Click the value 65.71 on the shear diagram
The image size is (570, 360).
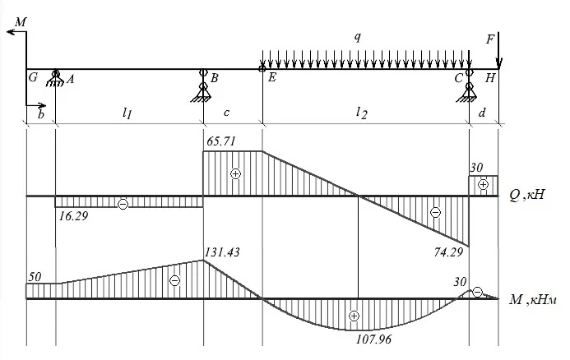click(221, 141)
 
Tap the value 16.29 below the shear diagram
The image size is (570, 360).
click(73, 216)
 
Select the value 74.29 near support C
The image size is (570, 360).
click(448, 252)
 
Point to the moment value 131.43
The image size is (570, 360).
click(222, 252)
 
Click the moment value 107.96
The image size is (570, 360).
click(373, 339)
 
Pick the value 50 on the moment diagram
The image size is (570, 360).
click(35, 277)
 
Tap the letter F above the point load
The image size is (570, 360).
click(490, 39)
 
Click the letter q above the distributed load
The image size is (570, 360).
click(358, 37)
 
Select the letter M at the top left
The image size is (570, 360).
click(21, 22)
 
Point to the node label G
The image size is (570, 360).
click(33, 77)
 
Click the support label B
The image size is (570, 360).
click(215, 78)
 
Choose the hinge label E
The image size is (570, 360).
click(272, 77)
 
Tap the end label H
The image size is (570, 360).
click(490, 78)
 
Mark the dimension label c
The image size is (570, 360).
click(226, 113)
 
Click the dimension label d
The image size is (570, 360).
click(482, 113)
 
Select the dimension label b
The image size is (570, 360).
click(41, 114)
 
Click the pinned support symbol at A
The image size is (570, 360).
click(55, 78)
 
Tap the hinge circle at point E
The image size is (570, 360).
click(262, 68)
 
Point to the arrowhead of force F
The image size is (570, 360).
click(498, 63)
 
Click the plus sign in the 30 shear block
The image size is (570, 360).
click(483, 185)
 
